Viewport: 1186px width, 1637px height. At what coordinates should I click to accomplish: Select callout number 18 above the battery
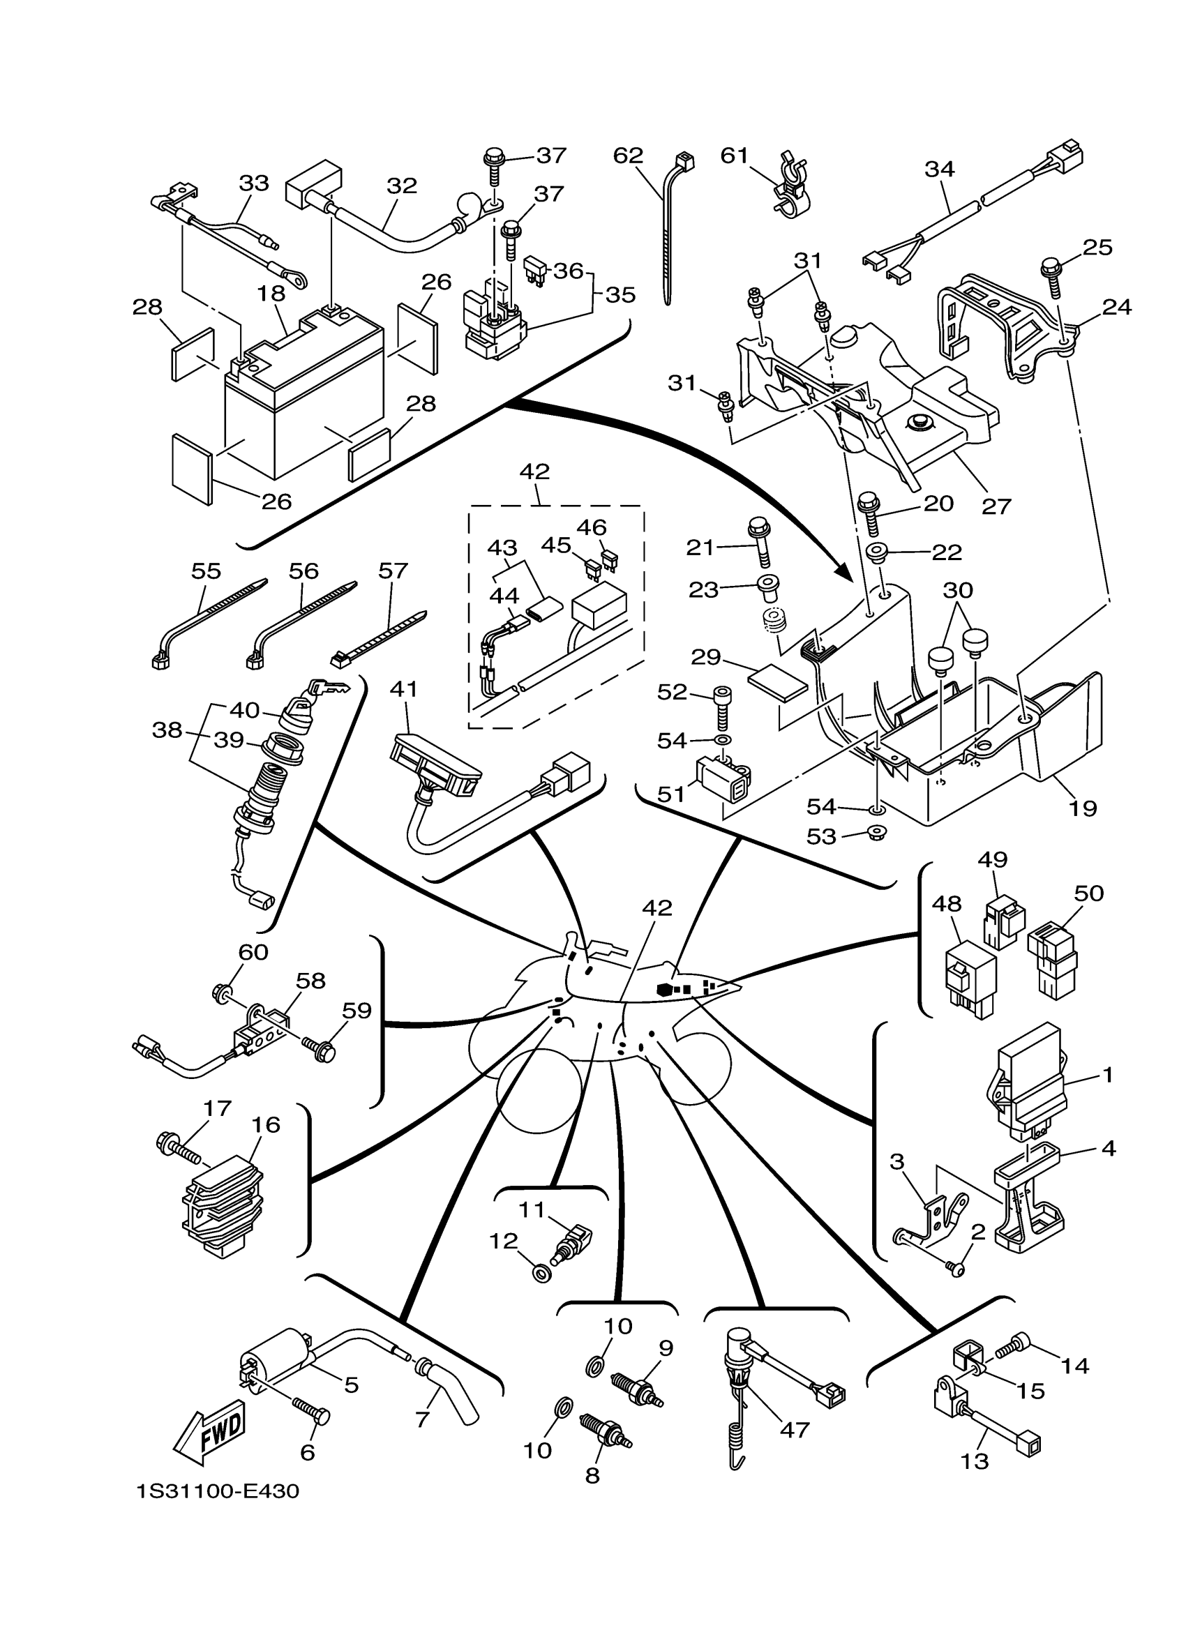point(271,294)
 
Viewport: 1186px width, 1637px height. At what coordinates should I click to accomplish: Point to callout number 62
point(628,155)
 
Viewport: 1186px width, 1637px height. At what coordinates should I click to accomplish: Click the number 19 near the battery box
point(1083,808)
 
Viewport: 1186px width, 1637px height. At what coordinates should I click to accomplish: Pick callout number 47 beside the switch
point(795,1429)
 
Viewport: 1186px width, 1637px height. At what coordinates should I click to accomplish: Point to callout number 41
point(404,689)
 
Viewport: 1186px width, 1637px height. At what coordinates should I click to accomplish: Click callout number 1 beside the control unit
point(1108,1075)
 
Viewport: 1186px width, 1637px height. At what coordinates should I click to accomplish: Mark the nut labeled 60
point(223,994)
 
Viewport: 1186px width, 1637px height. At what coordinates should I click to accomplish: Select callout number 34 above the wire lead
point(940,169)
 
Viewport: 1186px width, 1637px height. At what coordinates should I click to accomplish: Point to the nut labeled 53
point(878,831)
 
